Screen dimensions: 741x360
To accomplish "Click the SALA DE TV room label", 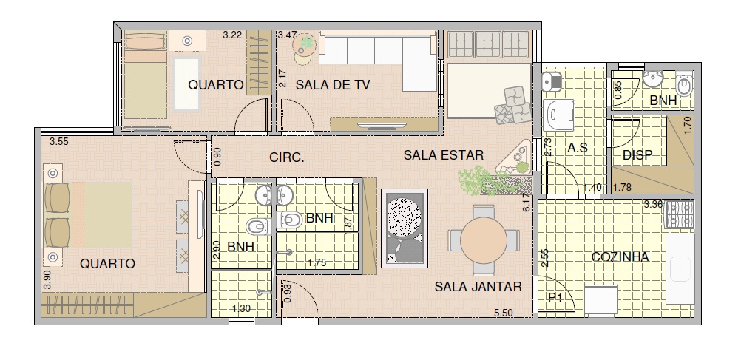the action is pyautogui.click(x=333, y=85).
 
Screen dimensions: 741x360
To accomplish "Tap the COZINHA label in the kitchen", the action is pyautogui.click(x=620, y=257).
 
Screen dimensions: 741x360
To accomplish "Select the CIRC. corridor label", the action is pyautogui.click(x=287, y=157).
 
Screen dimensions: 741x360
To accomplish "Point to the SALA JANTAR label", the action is pyautogui.click(x=478, y=287).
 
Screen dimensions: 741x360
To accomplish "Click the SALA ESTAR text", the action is pyautogui.click(x=444, y=155).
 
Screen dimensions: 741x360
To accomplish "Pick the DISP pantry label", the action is pyautogui.click(x=637, y=155).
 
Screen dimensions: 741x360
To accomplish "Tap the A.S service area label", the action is pyautogui.click(x=578, y=149).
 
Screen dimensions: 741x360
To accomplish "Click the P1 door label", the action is pyautogui.click(x=555, y=298).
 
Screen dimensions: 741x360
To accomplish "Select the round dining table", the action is pyautogui.click(x=484, y=240).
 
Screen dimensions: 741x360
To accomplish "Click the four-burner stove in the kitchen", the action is pyautogui.click(x=680, y=214).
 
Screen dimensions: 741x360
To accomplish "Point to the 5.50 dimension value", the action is pyautogui.click(x=504, y=313).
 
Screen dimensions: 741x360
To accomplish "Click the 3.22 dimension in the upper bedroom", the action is pyautogui.click(x=232, y=35).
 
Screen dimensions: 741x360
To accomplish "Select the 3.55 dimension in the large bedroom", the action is pyautogui.click(x=59, y=141).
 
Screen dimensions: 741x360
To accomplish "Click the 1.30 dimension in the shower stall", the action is pyautogui.click(x=242, y=309).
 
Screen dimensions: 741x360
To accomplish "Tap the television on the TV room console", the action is pyautogui.click(x=382, y=125).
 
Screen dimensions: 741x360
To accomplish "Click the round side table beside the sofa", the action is pyautogui.click(x=305, y=49).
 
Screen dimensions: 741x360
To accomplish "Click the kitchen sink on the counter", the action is pyautogui.click(x=680, y=269).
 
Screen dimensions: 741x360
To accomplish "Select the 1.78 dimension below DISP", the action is pyautogui.click(x=622, y=188).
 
